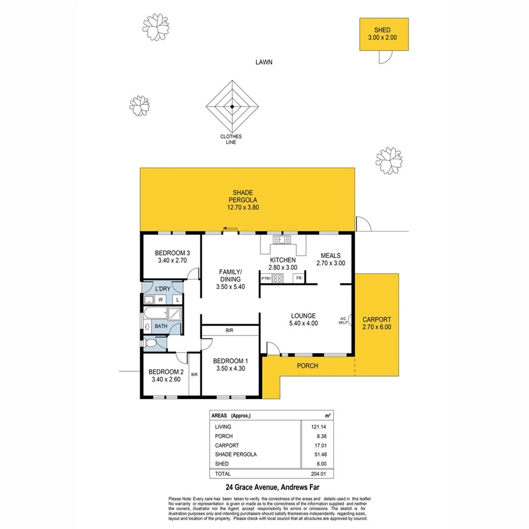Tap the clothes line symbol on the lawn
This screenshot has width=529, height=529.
[232, 106]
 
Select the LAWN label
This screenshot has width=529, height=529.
[264, 62]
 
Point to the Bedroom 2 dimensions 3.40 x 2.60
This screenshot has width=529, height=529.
[166, 379]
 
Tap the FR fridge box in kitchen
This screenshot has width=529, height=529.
[299, 278]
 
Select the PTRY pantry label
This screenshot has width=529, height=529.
[266, 278]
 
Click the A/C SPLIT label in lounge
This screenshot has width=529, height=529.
[343, 321]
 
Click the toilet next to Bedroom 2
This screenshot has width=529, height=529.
[150, 343]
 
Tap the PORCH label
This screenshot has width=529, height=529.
[307, 366]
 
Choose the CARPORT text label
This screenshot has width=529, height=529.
[377, 320]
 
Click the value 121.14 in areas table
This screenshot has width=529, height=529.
[317, 426]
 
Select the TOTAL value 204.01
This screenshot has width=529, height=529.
[317, 473]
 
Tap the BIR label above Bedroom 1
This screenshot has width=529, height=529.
[230, 332]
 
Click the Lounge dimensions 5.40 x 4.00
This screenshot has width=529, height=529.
[303, 323]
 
